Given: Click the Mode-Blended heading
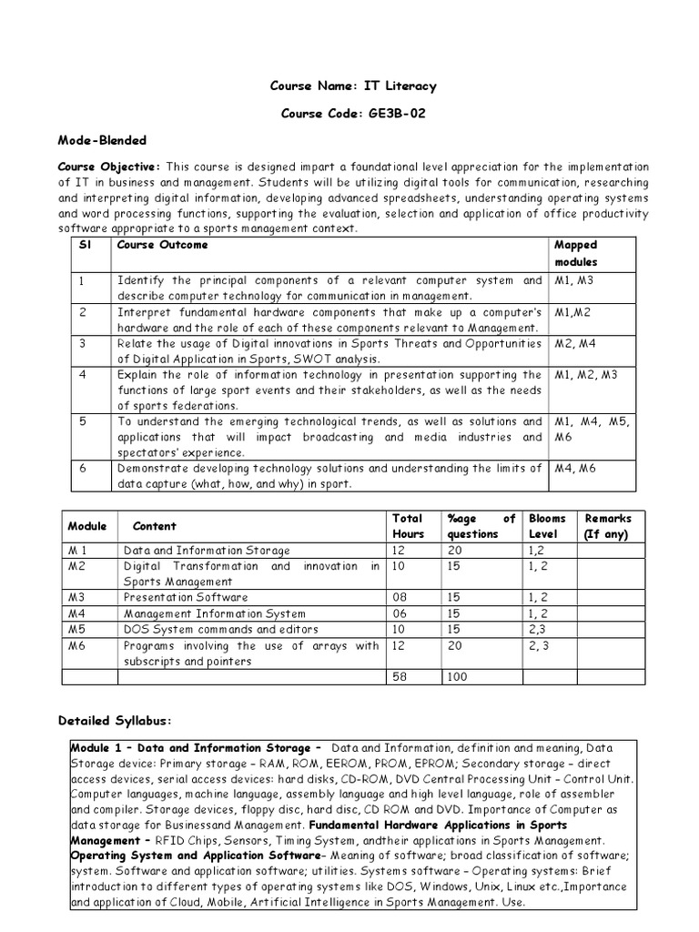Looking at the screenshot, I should click(102, 141).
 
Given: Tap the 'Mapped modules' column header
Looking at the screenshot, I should click(575, 253).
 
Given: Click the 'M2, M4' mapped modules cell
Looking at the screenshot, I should click(577, 344).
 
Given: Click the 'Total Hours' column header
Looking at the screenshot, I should click(409, 526).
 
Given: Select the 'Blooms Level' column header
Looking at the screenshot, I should click(547, 526).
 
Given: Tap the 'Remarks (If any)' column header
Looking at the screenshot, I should click(607, 526).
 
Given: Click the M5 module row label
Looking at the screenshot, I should click(76, 629).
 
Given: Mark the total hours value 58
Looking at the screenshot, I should click(400, 677).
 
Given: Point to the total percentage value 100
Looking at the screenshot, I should click(458, 677).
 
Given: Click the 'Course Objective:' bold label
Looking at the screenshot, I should click(108, 167).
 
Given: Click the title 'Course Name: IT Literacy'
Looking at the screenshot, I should click(352, 86).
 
